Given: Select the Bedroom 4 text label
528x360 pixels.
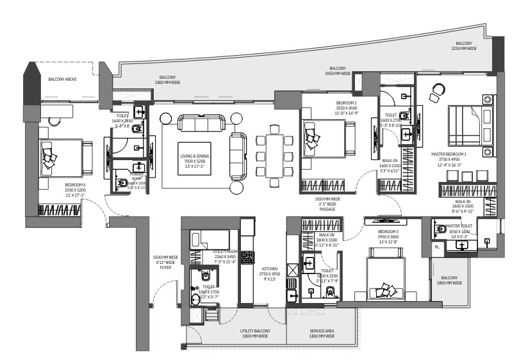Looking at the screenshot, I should [75, 190].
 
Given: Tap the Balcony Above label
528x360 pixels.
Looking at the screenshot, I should [63, 79].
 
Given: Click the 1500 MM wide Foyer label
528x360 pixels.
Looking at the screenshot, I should [165, 263].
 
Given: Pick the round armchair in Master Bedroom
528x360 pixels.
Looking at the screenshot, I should [438, 91].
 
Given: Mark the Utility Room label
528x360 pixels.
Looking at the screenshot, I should [225, 256].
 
